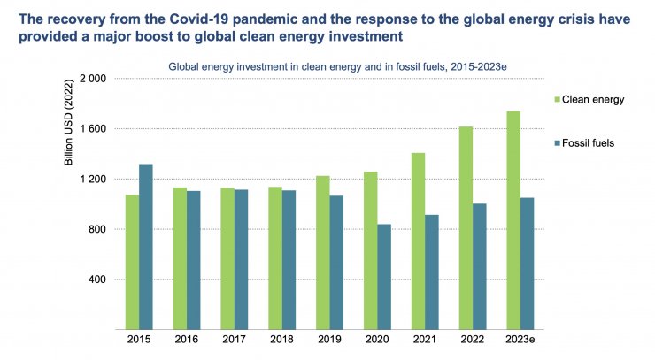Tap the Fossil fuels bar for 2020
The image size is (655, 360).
(x=383, y=277)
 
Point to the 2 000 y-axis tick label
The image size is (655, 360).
(x=92, y=79)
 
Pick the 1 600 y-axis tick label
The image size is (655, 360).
(x=92, y=129)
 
